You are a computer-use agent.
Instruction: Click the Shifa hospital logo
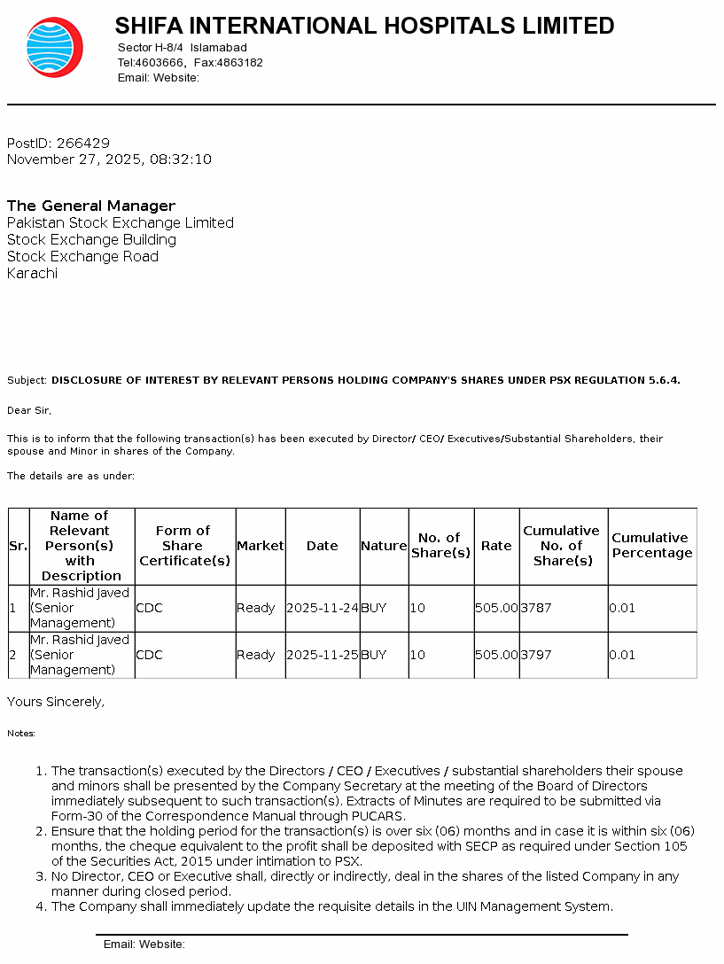55,47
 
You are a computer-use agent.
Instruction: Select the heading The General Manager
91,206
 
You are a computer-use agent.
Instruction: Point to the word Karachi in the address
32,273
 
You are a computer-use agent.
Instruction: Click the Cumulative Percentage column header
651,545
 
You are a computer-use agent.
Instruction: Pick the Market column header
260,546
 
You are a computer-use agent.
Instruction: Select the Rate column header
496,546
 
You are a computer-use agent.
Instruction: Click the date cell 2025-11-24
323,608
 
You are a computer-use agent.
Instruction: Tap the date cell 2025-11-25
323,655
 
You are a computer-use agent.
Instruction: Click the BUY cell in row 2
374,655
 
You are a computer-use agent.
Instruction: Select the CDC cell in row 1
149,608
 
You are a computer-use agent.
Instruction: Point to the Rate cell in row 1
496,608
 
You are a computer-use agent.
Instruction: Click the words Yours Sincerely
55,702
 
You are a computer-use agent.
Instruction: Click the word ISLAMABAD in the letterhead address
219,47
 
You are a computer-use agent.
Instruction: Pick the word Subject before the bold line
27,380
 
